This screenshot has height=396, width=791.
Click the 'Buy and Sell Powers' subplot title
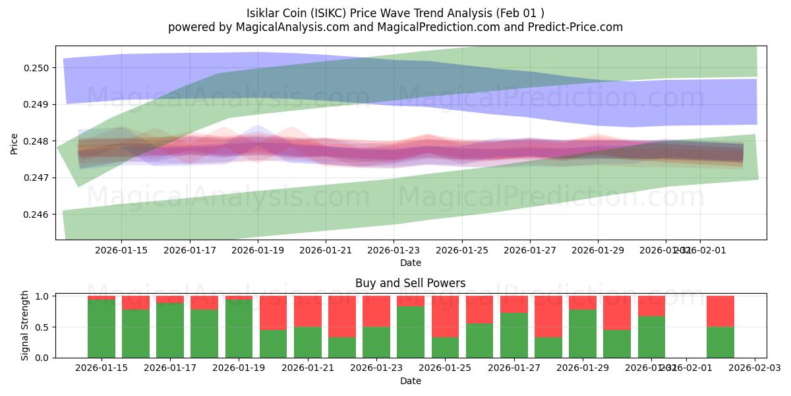tap(410, 283)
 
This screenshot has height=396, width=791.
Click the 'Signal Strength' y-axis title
tap(24, 325)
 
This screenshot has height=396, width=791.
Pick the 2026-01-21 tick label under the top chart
tap(326, 250)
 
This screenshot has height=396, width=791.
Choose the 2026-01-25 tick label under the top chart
tap(461, 250)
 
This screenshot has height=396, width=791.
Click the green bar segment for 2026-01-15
tap(102, 329)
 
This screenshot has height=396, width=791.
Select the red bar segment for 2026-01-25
tap(445, 316)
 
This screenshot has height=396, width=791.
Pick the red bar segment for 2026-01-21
tap(308, 311)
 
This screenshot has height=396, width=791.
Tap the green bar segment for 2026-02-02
tap(720, 343)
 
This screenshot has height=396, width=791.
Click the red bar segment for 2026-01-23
tap(376, 311)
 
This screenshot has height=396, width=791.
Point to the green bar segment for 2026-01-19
tap(239, 329)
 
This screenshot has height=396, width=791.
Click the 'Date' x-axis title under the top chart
tap(410, 263)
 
